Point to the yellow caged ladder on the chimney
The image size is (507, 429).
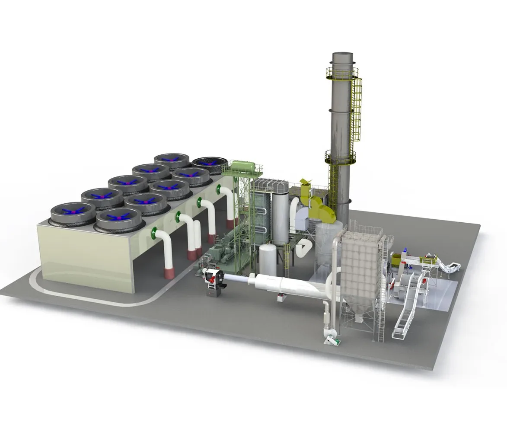click(357, 112)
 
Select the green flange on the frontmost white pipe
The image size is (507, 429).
click(153, 234)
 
